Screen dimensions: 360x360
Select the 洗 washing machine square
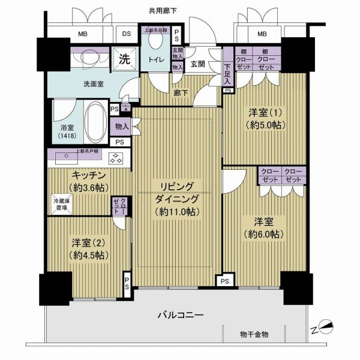pyautogui.click(x=124, y=59)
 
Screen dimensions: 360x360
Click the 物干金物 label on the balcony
pyautogui.click(x=254, y=334)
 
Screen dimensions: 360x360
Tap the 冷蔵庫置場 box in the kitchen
pyautogui.click(x=61, y=204)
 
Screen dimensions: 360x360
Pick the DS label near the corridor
pyautogui.click(x=127, y=34)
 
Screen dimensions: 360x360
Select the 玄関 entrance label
pyautogui.click(x=199, y=62)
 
